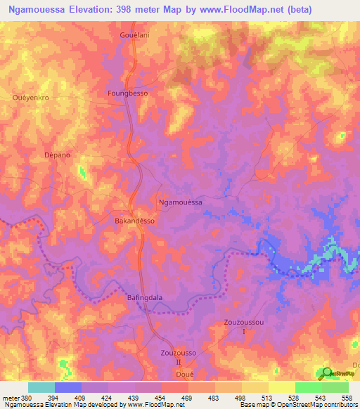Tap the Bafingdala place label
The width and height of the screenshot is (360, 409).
pyautogui.click(x=145, y=297)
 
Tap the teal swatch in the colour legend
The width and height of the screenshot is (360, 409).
pyautogui.click(x=41, y=387)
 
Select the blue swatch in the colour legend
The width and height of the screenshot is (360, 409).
pyautogui.click(x=68, y=387)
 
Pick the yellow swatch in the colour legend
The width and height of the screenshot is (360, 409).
pyautogui.click(x=282, y=387)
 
